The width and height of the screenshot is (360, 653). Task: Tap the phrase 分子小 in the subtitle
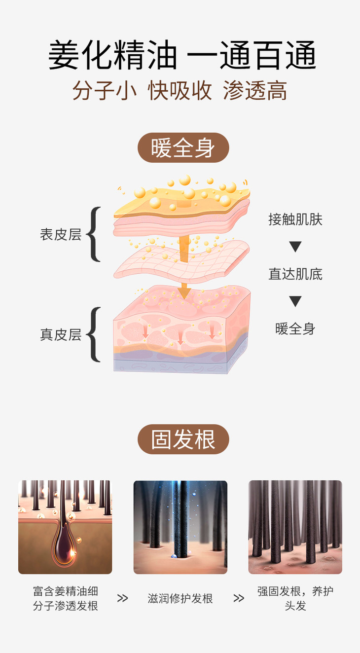tap(105, 91)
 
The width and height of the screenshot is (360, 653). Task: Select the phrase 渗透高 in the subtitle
tap(255, 91)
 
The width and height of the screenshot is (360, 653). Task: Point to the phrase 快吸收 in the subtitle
tap(180, 91)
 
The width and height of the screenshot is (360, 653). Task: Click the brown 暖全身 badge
tap(183, 147)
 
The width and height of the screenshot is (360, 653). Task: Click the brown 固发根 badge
tap(183, 439)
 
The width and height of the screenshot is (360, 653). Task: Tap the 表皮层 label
tap(61, 234)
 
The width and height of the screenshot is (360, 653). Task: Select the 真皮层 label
tap(61, 335)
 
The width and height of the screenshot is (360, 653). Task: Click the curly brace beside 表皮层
tap(94, 234)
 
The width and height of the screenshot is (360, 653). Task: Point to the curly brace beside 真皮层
tap(94, 334)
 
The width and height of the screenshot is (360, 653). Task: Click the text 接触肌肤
tap(295, 219)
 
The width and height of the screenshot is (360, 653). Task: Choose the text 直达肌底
tap(295, 274)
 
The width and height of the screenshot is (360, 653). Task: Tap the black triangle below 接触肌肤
tap(295, 247)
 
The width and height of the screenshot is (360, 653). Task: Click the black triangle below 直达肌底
tap(295, 301)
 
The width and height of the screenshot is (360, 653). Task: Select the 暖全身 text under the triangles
tap(295, 328)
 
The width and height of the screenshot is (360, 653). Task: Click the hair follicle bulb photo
tap(65, 527)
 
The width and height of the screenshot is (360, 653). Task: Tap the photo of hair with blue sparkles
tap(180, 527)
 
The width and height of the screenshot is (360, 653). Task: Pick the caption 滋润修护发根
tap(180, 599)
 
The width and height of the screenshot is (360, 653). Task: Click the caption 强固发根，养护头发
tap(295, 598)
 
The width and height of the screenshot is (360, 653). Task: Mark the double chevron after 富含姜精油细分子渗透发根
tap(122, 598)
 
